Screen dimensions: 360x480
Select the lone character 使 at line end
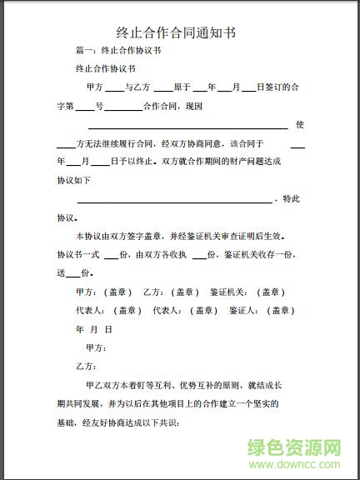point(300,125)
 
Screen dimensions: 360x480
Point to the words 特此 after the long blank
point(291,198)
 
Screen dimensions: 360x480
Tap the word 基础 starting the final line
point(65,422)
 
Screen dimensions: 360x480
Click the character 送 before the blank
point(61,273)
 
